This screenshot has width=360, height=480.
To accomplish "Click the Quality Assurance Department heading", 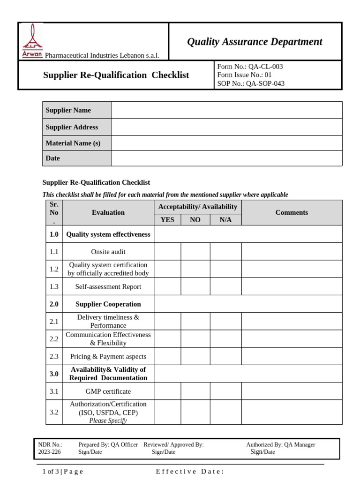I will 255,42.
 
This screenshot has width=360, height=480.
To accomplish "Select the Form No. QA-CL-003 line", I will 250,67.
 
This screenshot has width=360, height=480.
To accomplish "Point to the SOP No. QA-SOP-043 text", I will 251,83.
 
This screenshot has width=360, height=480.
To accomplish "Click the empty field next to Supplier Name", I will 227,110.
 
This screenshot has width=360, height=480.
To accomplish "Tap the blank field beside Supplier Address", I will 227,127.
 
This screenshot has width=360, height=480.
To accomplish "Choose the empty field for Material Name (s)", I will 227,143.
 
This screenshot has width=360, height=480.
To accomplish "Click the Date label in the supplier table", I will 53,158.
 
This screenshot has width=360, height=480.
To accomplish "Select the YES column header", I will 167,220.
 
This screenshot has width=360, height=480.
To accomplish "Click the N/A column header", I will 225,220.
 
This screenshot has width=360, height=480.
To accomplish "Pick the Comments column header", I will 292,212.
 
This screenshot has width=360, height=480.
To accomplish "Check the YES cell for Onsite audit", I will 167,252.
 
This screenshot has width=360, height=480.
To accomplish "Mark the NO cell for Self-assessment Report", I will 195,286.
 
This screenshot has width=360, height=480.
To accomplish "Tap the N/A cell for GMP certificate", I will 225,391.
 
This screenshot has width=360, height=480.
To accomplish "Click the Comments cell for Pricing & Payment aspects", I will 292,356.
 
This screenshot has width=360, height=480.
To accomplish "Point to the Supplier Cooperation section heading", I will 108,304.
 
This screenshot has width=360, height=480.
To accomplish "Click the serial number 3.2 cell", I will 54,412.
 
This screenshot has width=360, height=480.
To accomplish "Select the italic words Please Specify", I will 108,420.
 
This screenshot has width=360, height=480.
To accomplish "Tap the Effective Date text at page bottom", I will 190,472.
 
